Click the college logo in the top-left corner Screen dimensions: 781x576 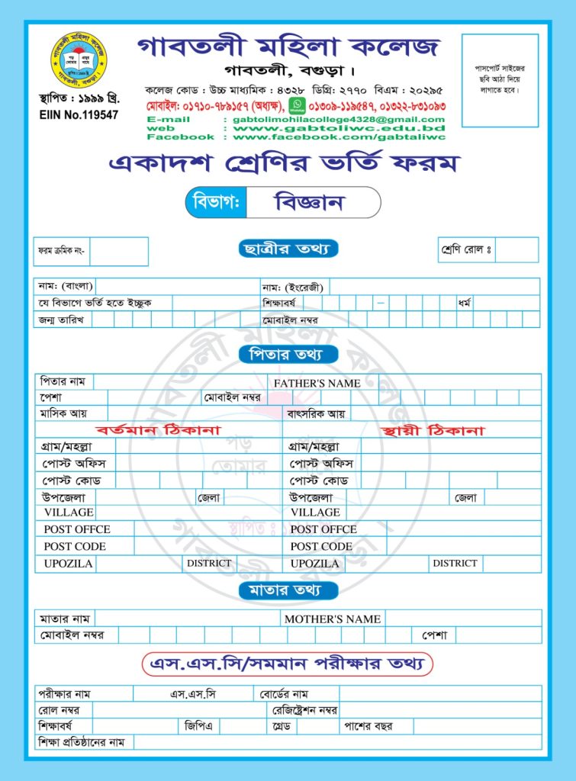[77, 60]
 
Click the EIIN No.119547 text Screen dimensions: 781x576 [78, 115]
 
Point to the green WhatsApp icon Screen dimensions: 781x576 [297, 105]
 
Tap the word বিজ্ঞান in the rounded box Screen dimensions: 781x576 [309, 202]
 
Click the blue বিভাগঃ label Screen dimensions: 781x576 [217, 203]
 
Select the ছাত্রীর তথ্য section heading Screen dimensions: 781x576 [287, 249]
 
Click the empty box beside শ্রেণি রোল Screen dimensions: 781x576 [517, 249]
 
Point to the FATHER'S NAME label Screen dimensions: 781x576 [317, 383]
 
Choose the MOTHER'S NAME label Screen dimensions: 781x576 [332, 619]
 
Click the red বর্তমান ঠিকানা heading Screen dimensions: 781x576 [158, 430]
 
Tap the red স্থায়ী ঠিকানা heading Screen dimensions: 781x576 [436, 430]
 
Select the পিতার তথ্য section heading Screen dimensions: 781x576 [287, 355]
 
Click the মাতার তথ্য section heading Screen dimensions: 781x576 [287, 590]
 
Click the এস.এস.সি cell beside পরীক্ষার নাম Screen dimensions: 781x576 [193, 694]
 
